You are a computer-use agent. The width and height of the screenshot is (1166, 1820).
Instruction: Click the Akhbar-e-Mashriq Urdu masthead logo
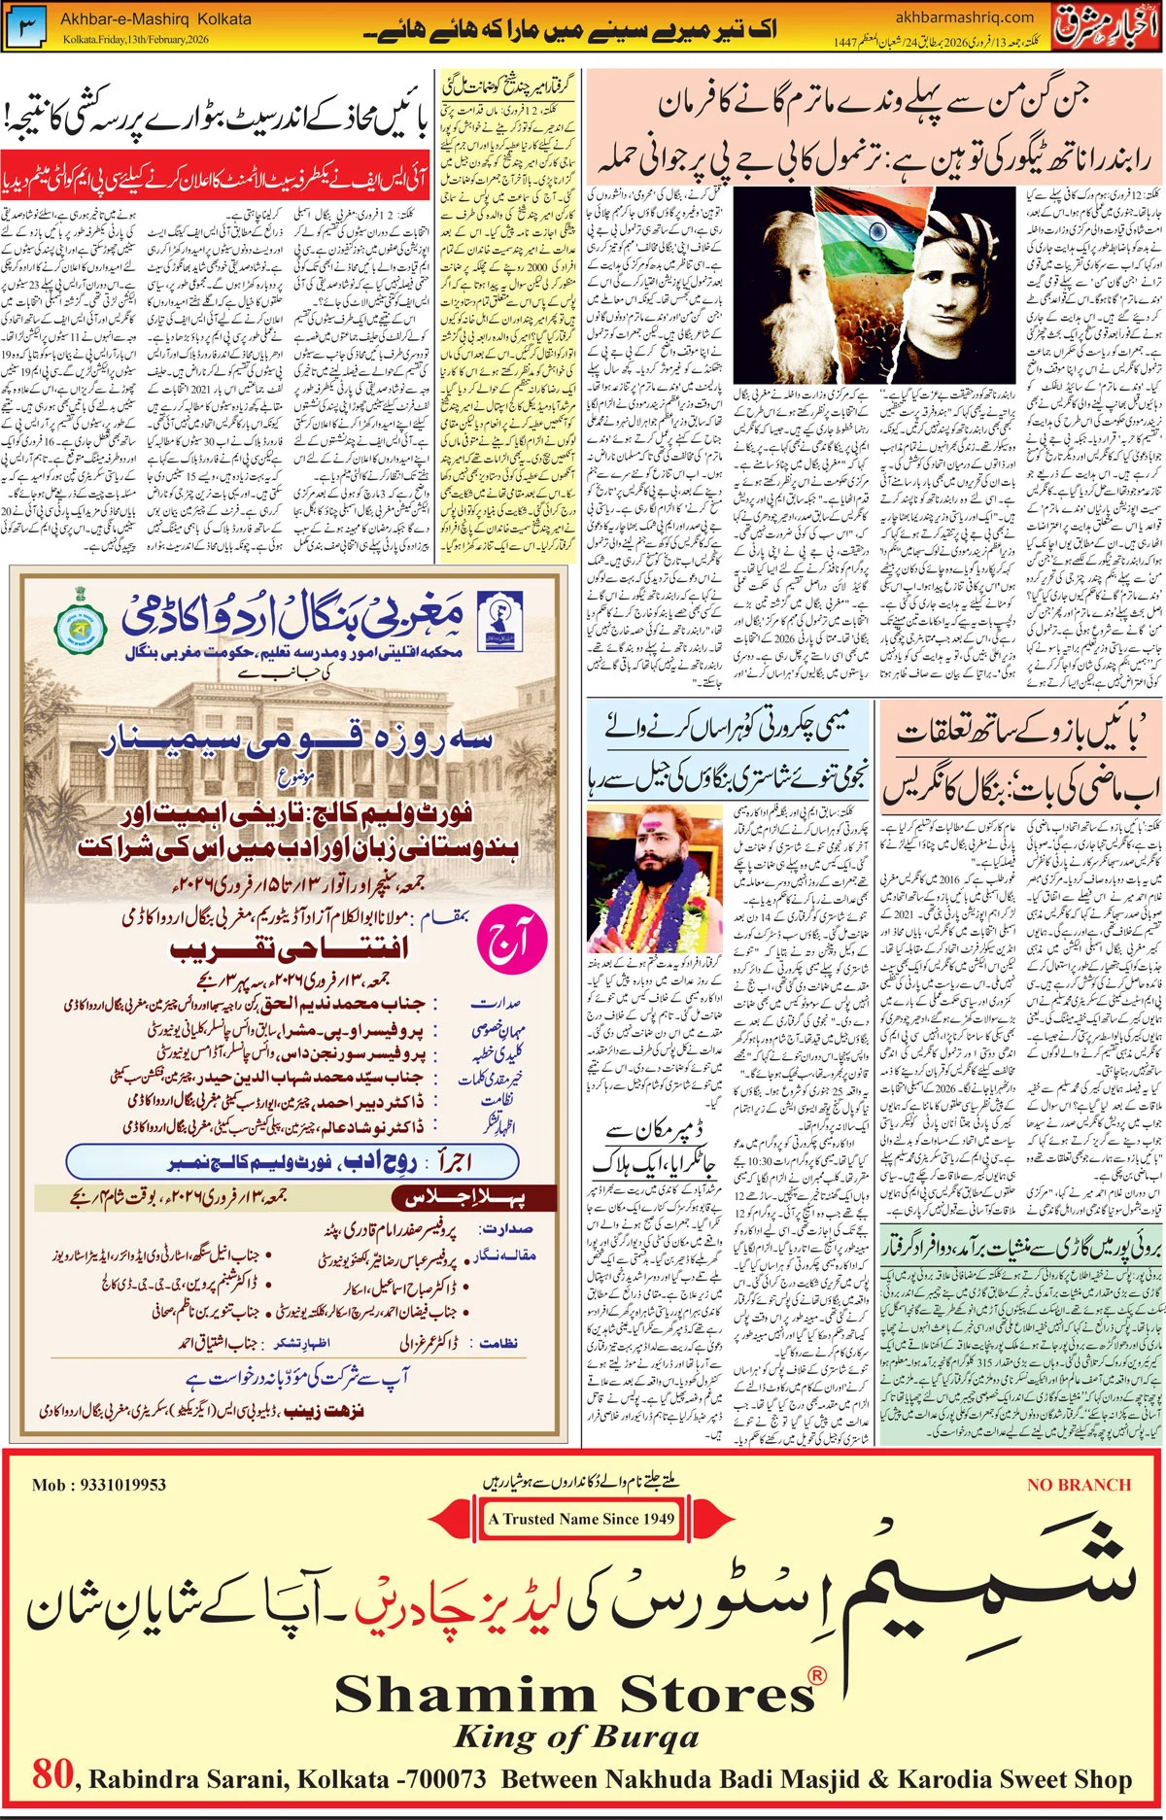click(x=1107, y=27)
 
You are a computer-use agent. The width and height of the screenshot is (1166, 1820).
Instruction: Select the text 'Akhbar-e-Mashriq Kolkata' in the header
click(x=155, y=18)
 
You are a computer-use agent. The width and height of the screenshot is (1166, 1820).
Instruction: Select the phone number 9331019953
click(x=99, y=1485)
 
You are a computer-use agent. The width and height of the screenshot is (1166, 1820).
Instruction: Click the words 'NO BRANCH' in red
click(x=1079, y=1485)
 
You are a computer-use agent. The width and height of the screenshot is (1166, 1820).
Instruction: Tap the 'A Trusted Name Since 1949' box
click(x=581, y=1519)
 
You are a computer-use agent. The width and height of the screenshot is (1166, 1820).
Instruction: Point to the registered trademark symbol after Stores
click(x=818, y=1674)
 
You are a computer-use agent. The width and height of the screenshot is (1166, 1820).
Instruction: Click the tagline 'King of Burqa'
click(x=576, y=1736)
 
